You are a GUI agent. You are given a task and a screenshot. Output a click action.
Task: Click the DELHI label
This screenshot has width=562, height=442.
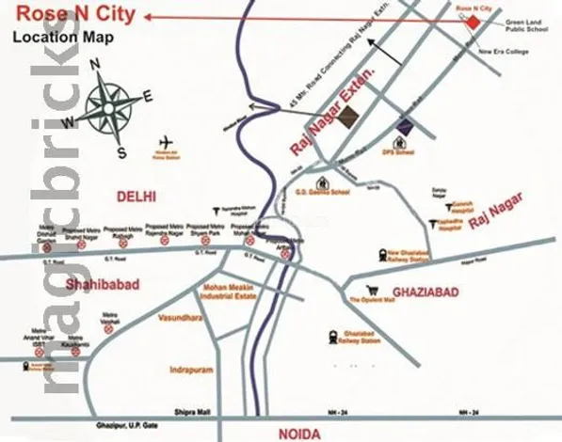pos(136,196)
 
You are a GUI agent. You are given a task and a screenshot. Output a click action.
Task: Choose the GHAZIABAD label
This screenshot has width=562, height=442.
pos(426,292)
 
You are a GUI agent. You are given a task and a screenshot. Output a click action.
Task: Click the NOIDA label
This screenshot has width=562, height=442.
pos(299,433)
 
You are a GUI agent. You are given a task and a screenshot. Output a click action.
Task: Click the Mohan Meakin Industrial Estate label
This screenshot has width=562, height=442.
pos(230,292)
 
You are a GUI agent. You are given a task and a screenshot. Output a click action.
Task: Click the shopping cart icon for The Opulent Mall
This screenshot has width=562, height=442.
pos(375,290)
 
